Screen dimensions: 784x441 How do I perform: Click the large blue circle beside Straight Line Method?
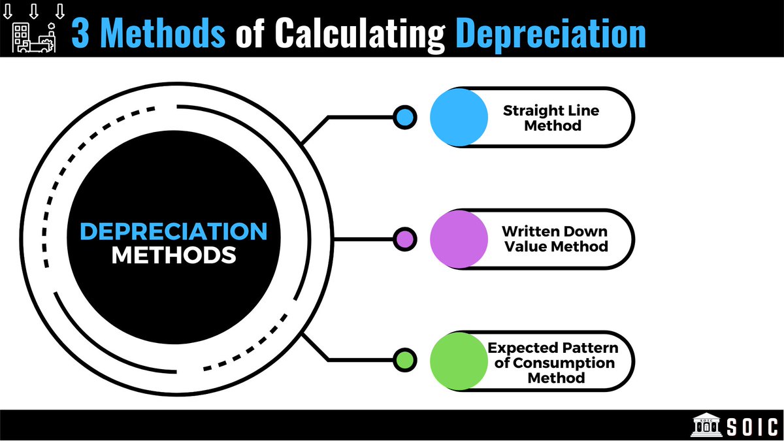[459, 117]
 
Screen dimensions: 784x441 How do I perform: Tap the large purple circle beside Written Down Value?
[459, 239]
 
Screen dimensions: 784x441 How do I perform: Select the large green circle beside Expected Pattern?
[459, 361]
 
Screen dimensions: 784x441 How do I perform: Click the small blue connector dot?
[404, 117]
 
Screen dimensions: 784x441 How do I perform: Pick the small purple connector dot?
[404, 239]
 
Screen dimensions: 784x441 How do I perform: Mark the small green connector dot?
[404, 360]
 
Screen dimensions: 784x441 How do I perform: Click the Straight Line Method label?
[551, 118]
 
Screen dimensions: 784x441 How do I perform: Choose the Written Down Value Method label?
[555, 239]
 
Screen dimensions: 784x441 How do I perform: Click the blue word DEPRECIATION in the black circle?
[173, 232]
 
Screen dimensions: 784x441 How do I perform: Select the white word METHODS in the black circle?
[173, 255]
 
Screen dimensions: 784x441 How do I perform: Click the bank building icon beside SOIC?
[707, 426]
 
